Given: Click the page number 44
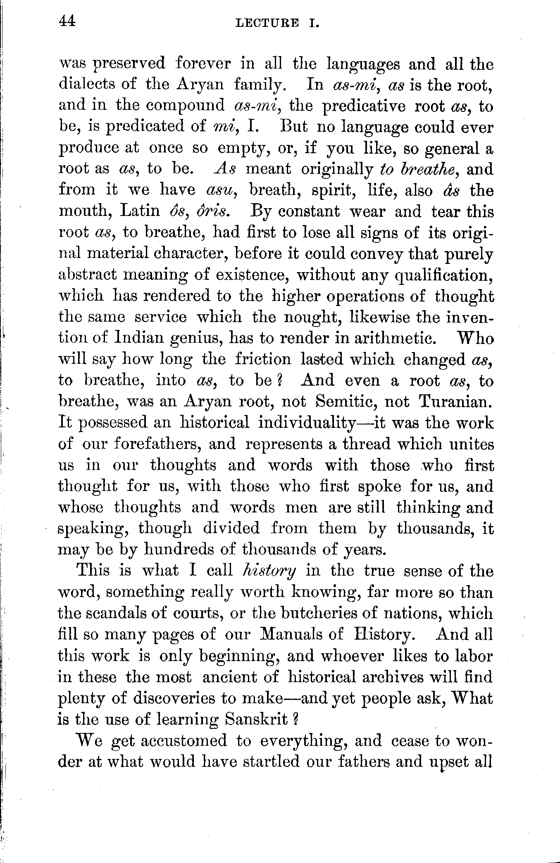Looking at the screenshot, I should [67, 21].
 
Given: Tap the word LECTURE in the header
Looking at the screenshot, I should [267, 24].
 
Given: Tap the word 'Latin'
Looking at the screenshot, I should [140, 211].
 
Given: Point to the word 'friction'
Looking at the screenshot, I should [263, 359].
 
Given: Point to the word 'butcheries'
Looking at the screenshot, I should [319, 613].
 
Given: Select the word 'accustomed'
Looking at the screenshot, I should [184, 740].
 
